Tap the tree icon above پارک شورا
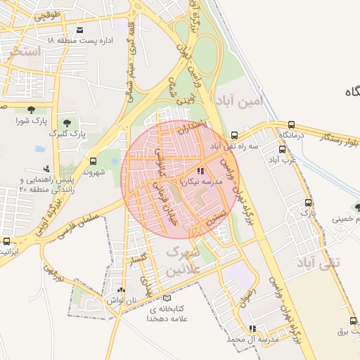click(31, 109)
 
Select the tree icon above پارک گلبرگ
click(67, 123)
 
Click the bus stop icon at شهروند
click(94, 161)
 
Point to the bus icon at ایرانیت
click(6, 240)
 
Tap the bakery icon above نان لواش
click(121, 289)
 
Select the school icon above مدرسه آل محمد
click(252, 328)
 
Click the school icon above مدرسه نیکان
click(200, 171)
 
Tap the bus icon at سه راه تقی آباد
click(234, 135)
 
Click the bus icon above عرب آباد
click(283, 149)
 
